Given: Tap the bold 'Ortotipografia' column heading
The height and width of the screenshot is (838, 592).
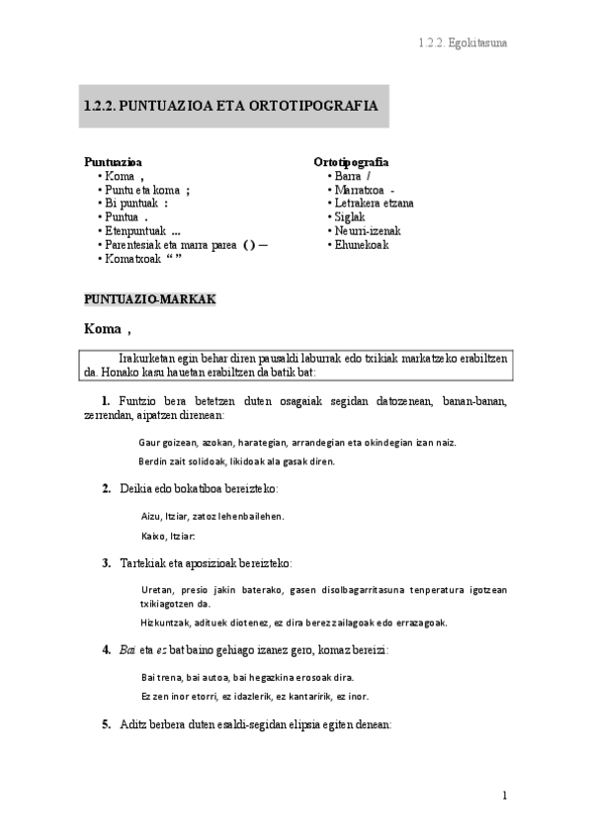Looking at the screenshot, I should pyautogui.click(x=351, y=161).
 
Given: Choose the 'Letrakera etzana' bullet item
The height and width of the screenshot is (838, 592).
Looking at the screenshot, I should pyautogui.click(x=374, y=204).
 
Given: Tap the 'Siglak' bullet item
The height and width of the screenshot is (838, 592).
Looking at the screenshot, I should pyautogui.click(x=350, y=217).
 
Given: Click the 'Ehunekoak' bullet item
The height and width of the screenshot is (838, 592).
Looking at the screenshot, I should pyautogui.click(x=361, y=245).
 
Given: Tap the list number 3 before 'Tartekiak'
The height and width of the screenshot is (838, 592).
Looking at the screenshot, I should pyautogui.click(x=106, y=563).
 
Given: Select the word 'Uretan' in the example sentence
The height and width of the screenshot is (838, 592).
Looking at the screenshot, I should pyautogui.click(x=157, y=590).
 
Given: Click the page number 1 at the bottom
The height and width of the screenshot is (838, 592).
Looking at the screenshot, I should pyautogui.click(x=504, y=796).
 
